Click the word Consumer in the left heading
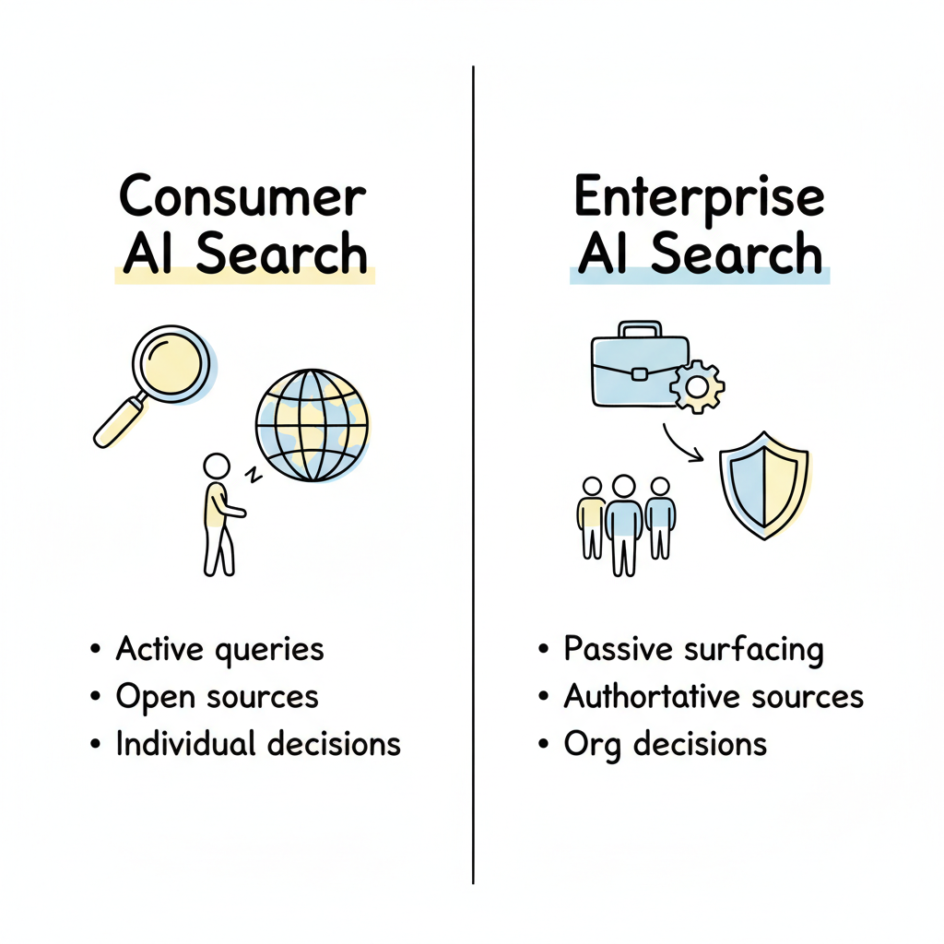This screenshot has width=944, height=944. click(243, 196)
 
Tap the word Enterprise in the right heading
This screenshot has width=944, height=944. click(699, 196)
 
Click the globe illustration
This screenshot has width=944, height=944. click(312, 424)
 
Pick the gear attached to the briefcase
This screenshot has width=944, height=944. click(697, 386)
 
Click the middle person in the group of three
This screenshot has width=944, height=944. click(624, 521)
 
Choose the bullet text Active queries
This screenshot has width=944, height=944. click(219, 650)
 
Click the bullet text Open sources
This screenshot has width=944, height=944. click(217, 697)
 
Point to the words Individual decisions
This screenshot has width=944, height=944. click(258, 744)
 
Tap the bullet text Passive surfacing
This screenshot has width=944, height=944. click(693, 650)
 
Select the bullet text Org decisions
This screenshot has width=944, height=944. click(665, 744)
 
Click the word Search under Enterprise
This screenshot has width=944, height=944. click(736, 254)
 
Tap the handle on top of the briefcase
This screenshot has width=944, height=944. click(641, 330)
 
